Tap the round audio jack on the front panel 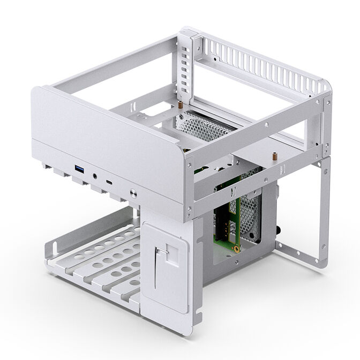pos(95,175)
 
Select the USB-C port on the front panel pos(110,183)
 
